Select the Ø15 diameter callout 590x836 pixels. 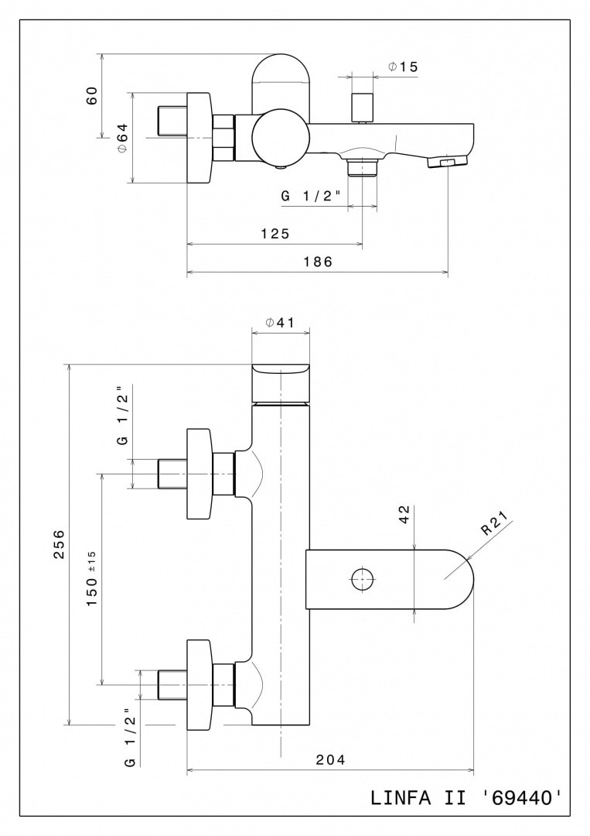403,67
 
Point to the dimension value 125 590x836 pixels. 275,233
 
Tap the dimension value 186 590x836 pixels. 318,262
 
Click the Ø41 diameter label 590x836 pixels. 280,324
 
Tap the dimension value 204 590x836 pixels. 330,759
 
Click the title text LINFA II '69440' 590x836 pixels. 466,797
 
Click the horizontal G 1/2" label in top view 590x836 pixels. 311,196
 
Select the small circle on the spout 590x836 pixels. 362,578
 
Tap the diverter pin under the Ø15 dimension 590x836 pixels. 362,107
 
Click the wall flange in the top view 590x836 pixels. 200,139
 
